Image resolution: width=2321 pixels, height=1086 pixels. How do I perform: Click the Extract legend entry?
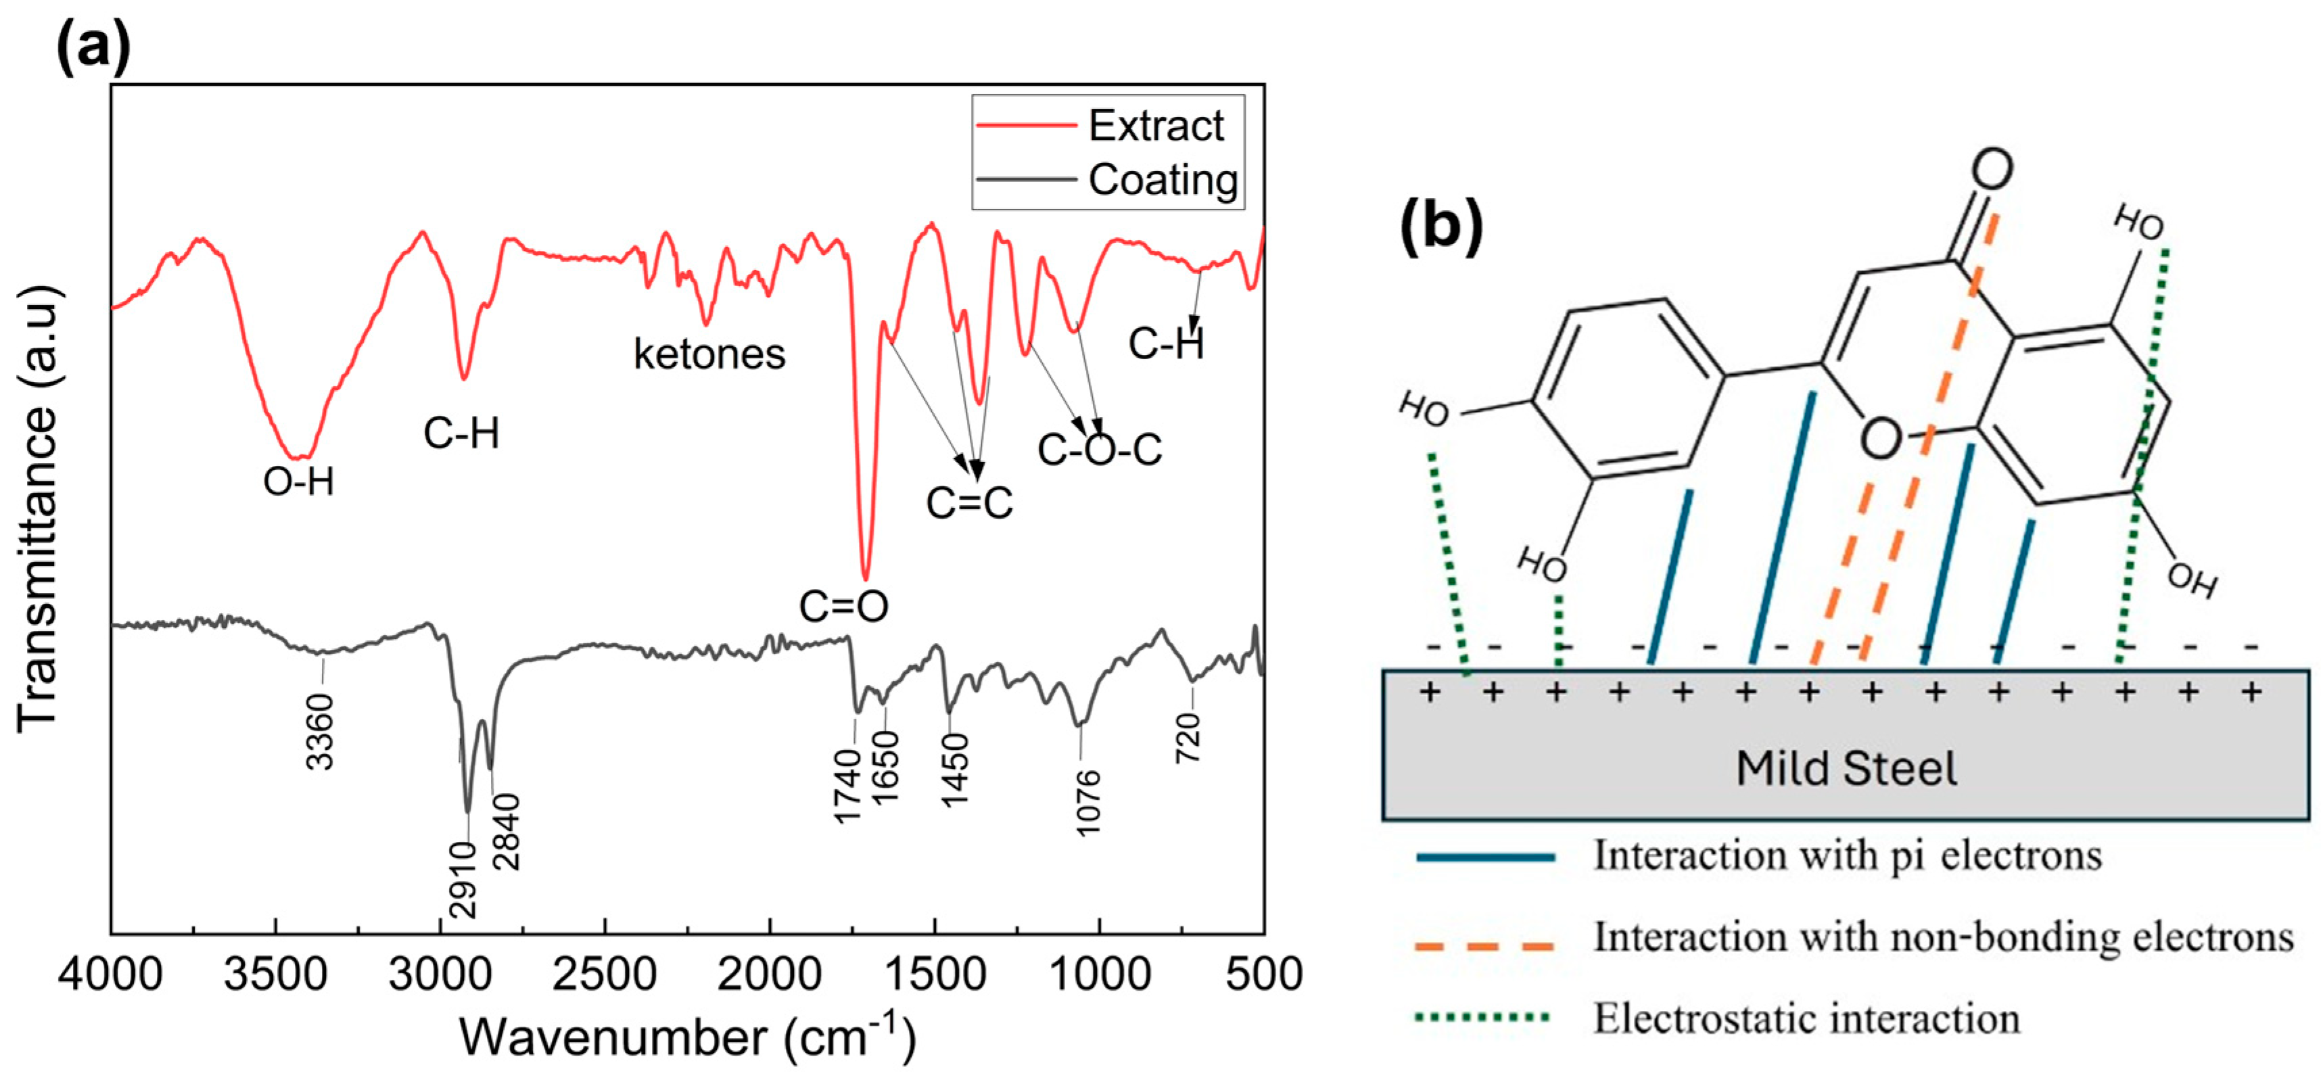(1155, 125)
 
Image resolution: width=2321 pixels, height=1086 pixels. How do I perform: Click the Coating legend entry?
(1163, 179)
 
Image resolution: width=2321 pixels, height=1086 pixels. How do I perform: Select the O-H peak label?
(298, 482)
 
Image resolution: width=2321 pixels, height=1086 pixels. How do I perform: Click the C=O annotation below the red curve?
(843, 607)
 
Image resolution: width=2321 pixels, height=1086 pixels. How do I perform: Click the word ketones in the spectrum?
(709, 354)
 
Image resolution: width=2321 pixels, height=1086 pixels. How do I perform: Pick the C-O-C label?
(1099, 450)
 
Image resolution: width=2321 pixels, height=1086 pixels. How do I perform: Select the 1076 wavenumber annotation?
(1088, 802)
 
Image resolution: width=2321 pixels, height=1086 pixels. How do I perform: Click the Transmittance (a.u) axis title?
(38, 509)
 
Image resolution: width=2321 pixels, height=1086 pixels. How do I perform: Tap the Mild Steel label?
(1846, 769)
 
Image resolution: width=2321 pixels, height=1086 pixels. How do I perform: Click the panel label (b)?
(1440, 225)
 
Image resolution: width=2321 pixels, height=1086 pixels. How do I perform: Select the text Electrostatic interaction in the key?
(1806, 1018)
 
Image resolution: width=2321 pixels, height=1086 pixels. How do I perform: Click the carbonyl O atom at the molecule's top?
(1991, 168)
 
